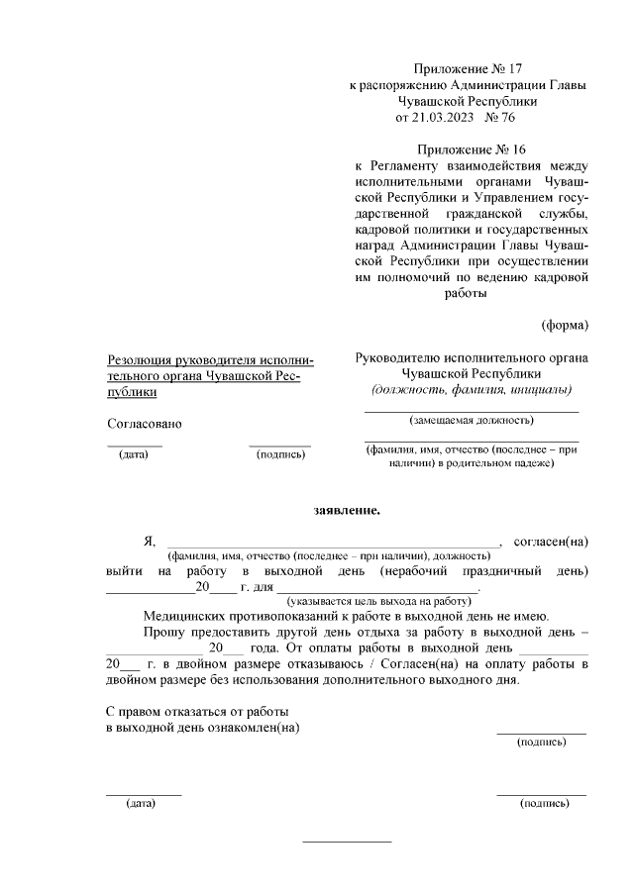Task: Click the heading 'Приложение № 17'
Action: (468, 69)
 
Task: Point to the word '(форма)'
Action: (564, 325)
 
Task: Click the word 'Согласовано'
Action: (144, 424)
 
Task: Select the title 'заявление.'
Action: (347, 511)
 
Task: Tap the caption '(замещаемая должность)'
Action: (472, 420)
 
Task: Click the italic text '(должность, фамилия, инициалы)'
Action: (472, 389)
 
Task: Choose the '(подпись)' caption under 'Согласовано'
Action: (280, 454)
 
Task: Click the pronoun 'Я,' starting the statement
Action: (150, 541)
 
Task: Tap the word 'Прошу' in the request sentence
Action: (162, 632)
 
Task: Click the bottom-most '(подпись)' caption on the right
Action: (544, 803)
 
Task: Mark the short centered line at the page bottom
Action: (347, 842)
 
